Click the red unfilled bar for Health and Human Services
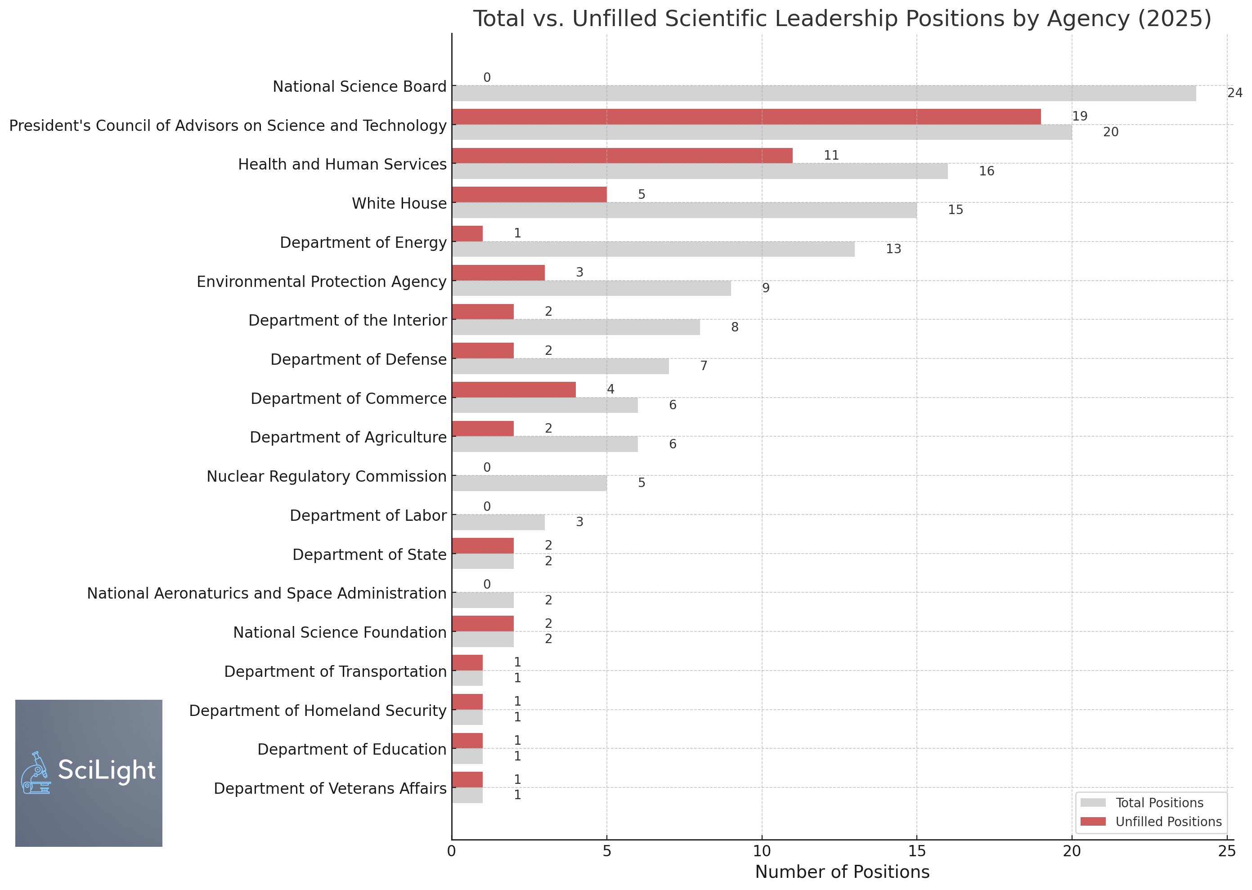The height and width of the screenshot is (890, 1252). [622, 156]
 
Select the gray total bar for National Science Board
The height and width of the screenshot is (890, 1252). [824, 93]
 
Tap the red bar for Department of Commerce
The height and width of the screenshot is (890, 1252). [514, 389]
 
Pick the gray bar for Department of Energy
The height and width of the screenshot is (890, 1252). [653, 249]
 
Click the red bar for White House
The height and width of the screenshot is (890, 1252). [530, 195]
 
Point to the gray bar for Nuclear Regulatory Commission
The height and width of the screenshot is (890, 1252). [530, 483]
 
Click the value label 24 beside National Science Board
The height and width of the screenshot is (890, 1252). [1234, 93]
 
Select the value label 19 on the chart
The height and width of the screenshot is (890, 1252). [1079, 116]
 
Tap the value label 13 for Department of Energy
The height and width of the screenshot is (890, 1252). [893, 249]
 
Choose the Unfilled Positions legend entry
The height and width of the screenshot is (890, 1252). [1151, 822]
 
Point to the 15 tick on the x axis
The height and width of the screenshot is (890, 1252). [916, 851]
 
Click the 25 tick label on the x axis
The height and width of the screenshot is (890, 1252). [1227, 851]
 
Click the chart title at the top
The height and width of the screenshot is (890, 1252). [843, 18]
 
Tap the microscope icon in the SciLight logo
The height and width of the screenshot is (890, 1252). [36, 773]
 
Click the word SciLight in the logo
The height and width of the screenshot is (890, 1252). [107, 770]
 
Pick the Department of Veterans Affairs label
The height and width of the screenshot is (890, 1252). [330, 789]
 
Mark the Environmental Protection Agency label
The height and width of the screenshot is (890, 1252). [322, 282]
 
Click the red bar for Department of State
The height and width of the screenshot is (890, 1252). [483, 546]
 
